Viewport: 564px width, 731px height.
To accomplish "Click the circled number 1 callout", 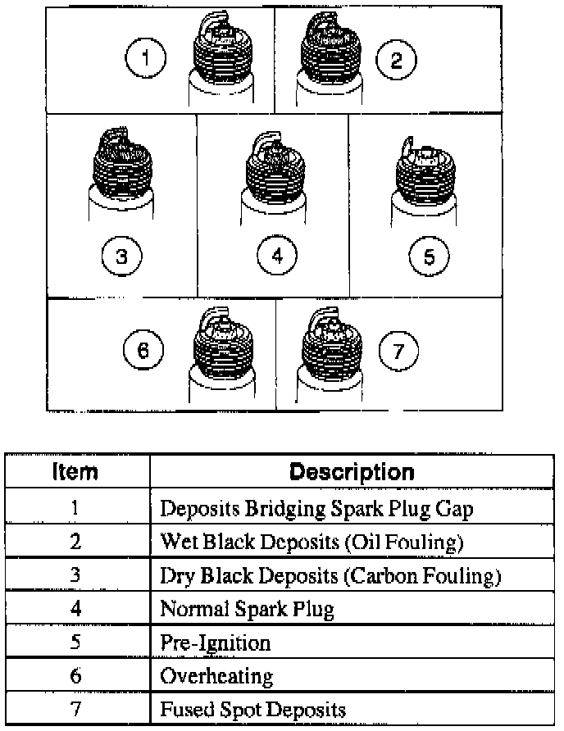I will click(x=146, y=59).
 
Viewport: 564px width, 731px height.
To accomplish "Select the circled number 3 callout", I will click(x=121, y=257).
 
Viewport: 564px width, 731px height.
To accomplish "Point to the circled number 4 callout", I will click(x=277, y=257).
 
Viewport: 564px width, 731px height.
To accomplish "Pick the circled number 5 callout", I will click(x=429, y=257).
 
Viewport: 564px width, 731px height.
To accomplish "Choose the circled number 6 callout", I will click(x=143, y=352).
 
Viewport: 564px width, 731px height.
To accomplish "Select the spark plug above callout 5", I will click(x=425, y=176).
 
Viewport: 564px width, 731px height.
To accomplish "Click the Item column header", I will click(x=75, y=472).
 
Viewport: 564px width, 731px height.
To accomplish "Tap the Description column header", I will click(x=352, y=472).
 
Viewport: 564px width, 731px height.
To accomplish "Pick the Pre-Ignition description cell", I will click(x=215, y=642).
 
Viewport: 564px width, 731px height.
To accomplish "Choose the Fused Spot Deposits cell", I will click(x=252, y=709).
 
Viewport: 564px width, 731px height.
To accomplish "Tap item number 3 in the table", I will click(x=75, y=575).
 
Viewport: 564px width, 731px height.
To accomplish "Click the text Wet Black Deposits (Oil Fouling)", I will click(x=312, y=542).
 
